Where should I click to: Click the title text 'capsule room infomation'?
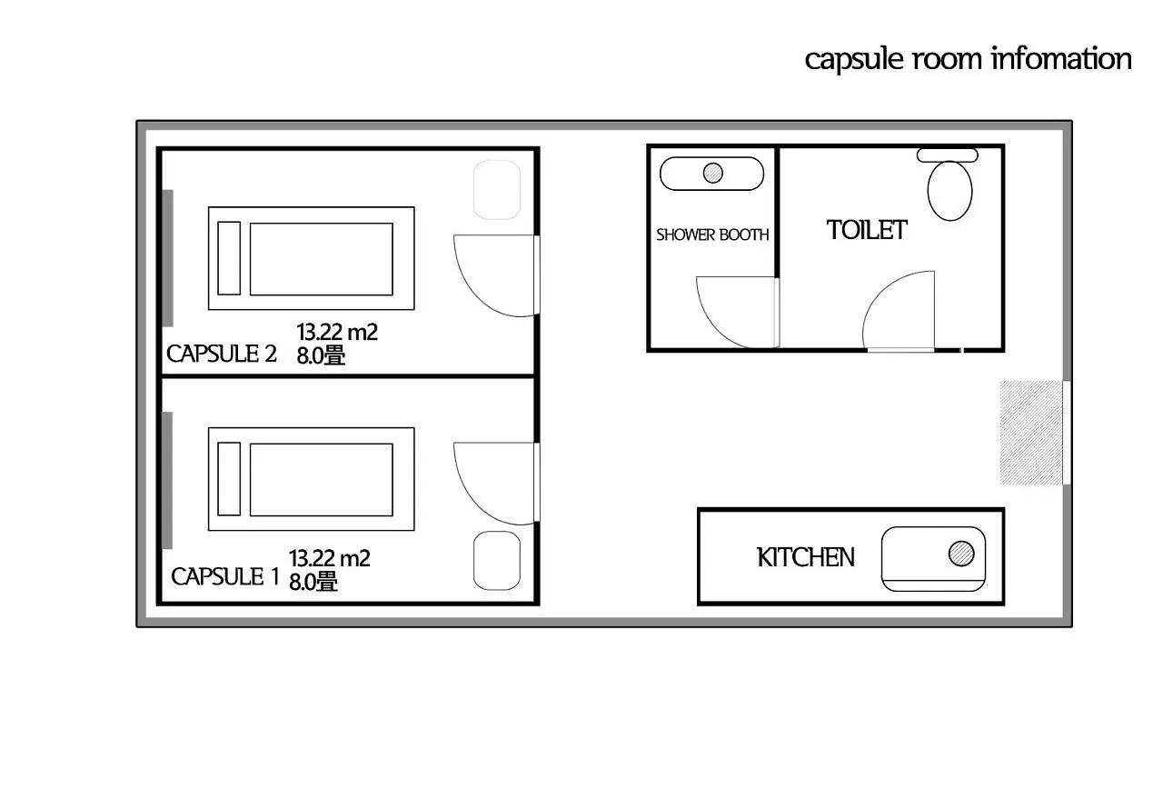(x=968, y=59)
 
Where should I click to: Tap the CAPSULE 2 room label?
(x=222, y=354)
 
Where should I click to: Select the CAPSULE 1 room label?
(x=224, y=576)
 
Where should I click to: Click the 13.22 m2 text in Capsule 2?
(x=337, y=333)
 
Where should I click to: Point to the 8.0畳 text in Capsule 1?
(x=313, y=582)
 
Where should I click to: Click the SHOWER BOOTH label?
(x=712, y=235)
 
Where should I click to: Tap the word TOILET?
(x=867, y=230)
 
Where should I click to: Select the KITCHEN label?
(x=806, y=557)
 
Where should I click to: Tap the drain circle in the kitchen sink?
(x=960, y=553)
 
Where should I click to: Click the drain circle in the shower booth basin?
(x=713, y=172)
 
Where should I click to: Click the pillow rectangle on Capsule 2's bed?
(x=229, y=258)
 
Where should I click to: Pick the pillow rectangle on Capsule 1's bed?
(x=229, y=478)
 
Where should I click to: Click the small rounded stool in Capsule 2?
(x=497, y=189)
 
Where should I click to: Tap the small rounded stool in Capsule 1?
(x=497, y=560)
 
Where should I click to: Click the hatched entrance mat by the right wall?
(x=1031, y=433)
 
